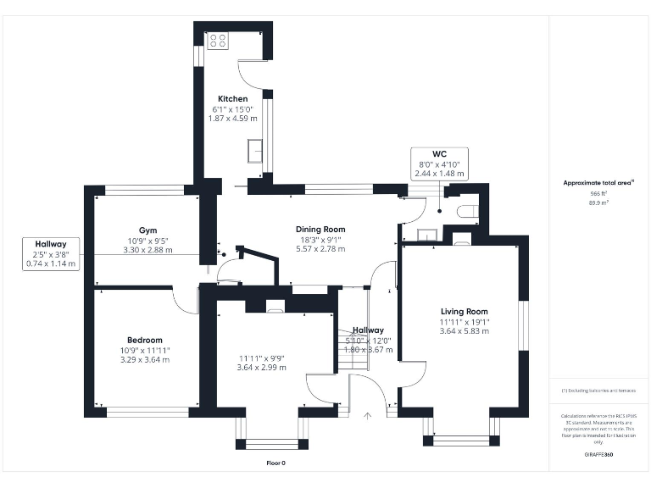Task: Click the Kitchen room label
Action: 233,99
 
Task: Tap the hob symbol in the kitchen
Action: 217,40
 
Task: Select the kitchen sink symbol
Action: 254,151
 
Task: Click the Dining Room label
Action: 320,229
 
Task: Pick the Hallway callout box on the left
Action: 51,253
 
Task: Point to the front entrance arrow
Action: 367,415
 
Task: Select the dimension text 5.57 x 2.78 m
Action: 320,249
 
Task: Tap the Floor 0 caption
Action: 275,463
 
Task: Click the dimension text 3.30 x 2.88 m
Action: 148,250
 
